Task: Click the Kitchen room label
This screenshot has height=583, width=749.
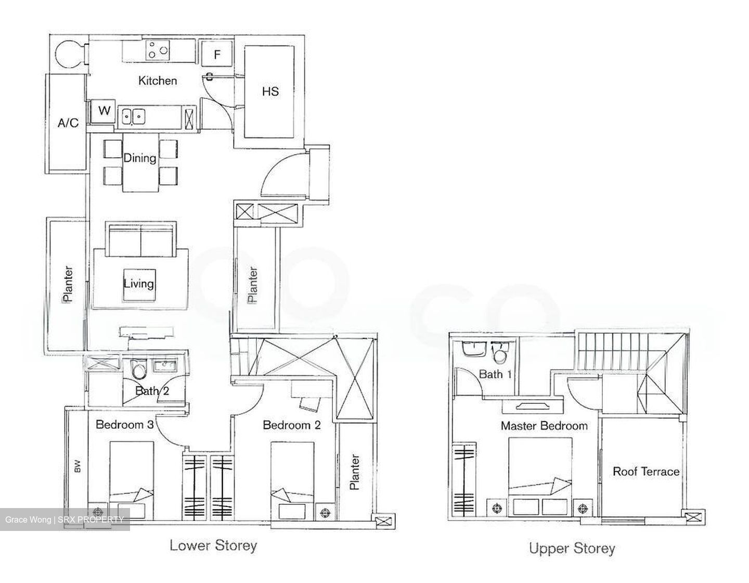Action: [157, 81]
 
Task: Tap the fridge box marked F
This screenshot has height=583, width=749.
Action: [217, 54]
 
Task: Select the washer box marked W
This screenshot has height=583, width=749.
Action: [104, 111]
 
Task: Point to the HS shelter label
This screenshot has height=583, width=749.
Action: [270, 92]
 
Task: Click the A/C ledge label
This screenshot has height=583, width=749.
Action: [68, 123]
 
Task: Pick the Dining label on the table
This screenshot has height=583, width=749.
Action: [139, 158]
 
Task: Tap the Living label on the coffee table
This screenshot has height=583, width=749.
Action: [138, 284]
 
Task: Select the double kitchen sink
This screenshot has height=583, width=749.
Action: [133, 116]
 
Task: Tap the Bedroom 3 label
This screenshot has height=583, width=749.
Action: [124, 425]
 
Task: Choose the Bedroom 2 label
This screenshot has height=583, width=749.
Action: [291, 425]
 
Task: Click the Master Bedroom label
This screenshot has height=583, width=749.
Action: [544, 426]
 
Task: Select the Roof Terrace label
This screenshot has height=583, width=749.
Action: [646, 472]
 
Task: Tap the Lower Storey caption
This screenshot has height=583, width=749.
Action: [213, 546]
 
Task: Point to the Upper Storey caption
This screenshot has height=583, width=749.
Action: [572, 548]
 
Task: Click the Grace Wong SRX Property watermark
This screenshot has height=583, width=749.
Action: [64, 519]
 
